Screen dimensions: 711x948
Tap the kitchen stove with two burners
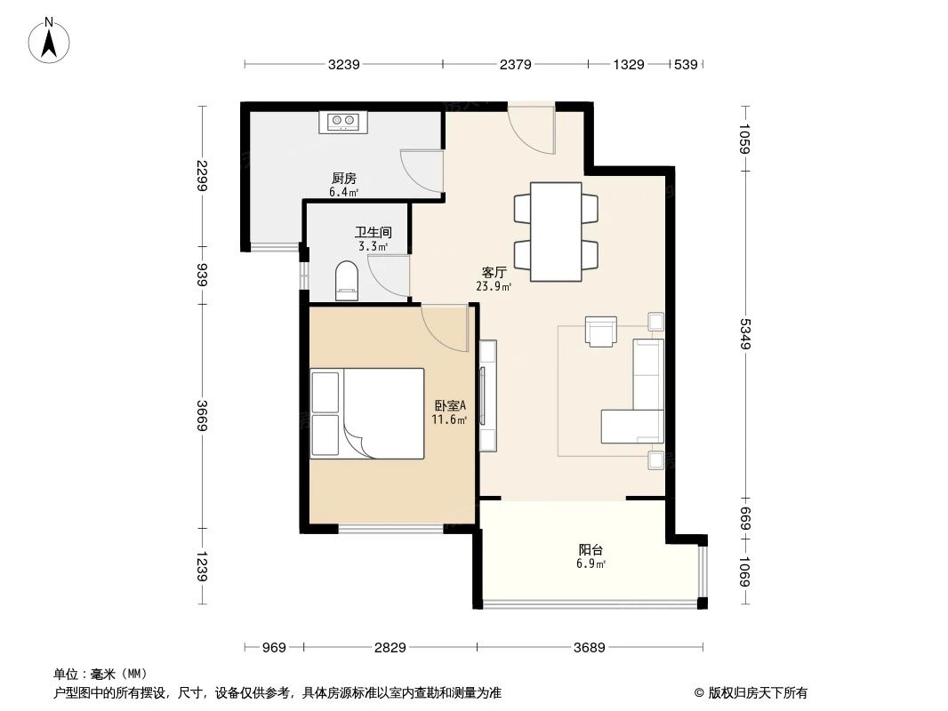[x=342, y=121]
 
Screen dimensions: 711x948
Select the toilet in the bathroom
[x=346, y=280]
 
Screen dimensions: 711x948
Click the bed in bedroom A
[x=367, y=413]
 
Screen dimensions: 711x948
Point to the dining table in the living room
[x=556, y=231]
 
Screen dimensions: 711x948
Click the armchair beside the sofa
[x=601, y=331]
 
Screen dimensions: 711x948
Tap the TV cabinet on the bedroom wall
[x=487, y=395]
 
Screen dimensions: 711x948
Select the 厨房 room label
[x=343, y=178]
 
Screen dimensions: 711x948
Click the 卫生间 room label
[x=373, y=232]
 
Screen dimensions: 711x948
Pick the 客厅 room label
[x=494, y=273]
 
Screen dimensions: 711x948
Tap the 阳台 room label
[x=590, y=550]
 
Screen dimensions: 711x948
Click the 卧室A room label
[x=449, y=405]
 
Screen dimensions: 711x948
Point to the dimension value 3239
[x=343, y=64]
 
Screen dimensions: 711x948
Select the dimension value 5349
[x=745, y=332]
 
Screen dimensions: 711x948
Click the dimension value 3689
[x=589, y=648]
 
